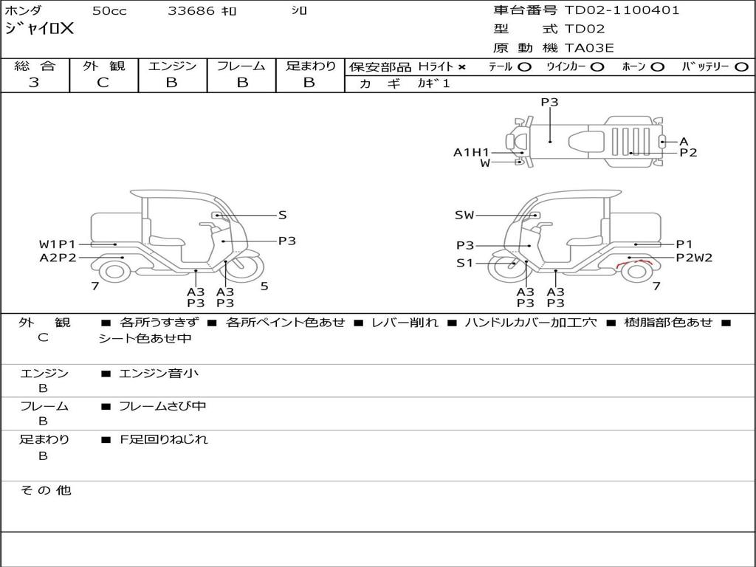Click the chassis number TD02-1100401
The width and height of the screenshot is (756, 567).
(622, 10)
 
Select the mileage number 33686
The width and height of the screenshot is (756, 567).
(190, 10)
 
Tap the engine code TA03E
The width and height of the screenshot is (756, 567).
(588, 48)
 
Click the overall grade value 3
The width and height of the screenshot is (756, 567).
(34, 82)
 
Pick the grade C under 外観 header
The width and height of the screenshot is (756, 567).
(103, 83)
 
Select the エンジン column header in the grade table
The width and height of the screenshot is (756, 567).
(172, 66)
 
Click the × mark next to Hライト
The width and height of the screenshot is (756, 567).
(462, 67)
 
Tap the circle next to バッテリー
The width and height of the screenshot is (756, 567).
(741, 67)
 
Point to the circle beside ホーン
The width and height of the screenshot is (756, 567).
(658, 67)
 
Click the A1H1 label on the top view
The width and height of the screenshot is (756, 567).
(471, 152)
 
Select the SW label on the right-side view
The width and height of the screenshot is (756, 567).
(464, 215)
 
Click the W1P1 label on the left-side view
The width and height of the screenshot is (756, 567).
(58, 244)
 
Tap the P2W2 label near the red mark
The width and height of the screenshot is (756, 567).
(694, 258)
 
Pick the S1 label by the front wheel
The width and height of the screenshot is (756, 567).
(465, 264)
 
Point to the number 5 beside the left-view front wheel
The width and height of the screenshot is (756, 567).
(264, 286)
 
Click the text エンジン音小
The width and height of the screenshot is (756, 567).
(159, 373)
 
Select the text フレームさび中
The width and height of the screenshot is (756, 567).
(162, 407)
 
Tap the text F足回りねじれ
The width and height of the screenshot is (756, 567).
(164, 440)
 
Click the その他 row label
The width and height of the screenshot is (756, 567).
(46, 490)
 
